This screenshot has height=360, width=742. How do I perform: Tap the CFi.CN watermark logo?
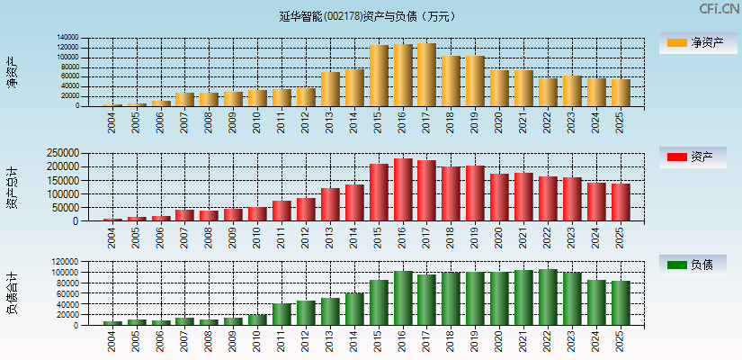pos(720,9)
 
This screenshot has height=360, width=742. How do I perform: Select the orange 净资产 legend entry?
pos(697,42)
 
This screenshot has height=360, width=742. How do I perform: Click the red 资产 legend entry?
pos(697,157)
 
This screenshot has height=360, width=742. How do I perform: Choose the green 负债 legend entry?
pos(697,265)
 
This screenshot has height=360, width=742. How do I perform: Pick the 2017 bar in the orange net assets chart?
pos(426,75)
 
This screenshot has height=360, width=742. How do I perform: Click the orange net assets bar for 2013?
pos(330,89)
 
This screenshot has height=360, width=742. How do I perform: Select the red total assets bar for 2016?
pos(403,190)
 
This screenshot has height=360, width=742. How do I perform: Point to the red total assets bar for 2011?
pos(282,211)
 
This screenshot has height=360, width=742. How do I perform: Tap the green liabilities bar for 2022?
pos(548,297)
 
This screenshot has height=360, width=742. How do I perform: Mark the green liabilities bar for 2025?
pos(621,302)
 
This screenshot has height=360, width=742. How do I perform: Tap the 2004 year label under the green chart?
pos(112,341)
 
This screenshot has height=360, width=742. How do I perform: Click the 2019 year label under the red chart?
pos(475,236)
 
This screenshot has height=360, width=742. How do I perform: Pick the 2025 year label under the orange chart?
pos(621,121)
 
